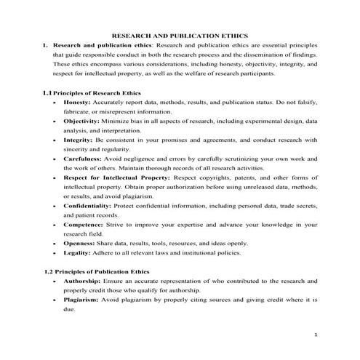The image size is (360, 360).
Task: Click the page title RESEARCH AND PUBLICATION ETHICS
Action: pyautogui.click(x=179, y=34)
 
